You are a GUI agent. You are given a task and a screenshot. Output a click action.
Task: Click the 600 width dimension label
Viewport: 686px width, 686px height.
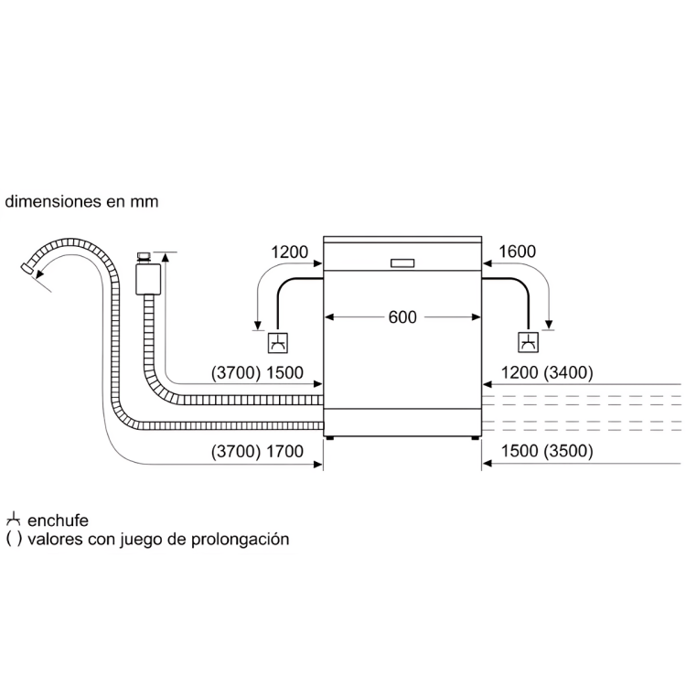pos(402,317)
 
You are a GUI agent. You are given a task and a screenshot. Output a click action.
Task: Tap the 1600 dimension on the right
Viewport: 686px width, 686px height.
pos(517,252)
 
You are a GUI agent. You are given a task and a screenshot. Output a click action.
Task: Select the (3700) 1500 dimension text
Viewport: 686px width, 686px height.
pos(257,373)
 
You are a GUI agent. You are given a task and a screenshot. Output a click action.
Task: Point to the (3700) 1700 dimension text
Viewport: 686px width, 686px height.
pos(257,451)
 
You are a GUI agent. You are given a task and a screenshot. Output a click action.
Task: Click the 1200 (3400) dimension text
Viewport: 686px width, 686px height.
pos(547,373)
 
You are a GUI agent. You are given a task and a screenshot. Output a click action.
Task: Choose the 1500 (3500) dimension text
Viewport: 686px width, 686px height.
pos(547,451)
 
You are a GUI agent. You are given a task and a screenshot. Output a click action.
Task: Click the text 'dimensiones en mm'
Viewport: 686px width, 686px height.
pos(81,202)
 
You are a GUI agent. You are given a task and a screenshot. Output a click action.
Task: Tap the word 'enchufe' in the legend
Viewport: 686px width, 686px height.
pos(58,520)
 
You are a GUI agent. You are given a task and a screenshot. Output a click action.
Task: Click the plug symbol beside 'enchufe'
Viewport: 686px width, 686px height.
pos(13,519)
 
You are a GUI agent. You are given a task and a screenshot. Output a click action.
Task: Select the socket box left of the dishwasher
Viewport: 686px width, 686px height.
pos(278,343)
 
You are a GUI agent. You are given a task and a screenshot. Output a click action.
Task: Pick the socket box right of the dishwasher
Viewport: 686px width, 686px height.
pos(528,342)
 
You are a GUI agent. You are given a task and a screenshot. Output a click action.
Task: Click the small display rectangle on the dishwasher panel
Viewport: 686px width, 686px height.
pos(402,263)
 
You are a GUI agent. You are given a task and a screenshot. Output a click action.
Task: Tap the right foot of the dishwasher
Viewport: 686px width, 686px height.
pos(475,438)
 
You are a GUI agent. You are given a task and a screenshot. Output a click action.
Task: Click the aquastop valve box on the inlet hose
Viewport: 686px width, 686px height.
pos(148,278)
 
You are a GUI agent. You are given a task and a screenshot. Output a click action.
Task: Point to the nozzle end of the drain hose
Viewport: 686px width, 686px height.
pos(27,268)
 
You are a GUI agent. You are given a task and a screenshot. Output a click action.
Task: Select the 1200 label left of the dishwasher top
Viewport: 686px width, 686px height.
pos(289,252)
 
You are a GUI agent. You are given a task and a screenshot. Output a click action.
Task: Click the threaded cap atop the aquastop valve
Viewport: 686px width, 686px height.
pos(144,257)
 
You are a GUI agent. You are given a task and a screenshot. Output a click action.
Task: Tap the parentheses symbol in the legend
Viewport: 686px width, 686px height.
pos(14,539)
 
